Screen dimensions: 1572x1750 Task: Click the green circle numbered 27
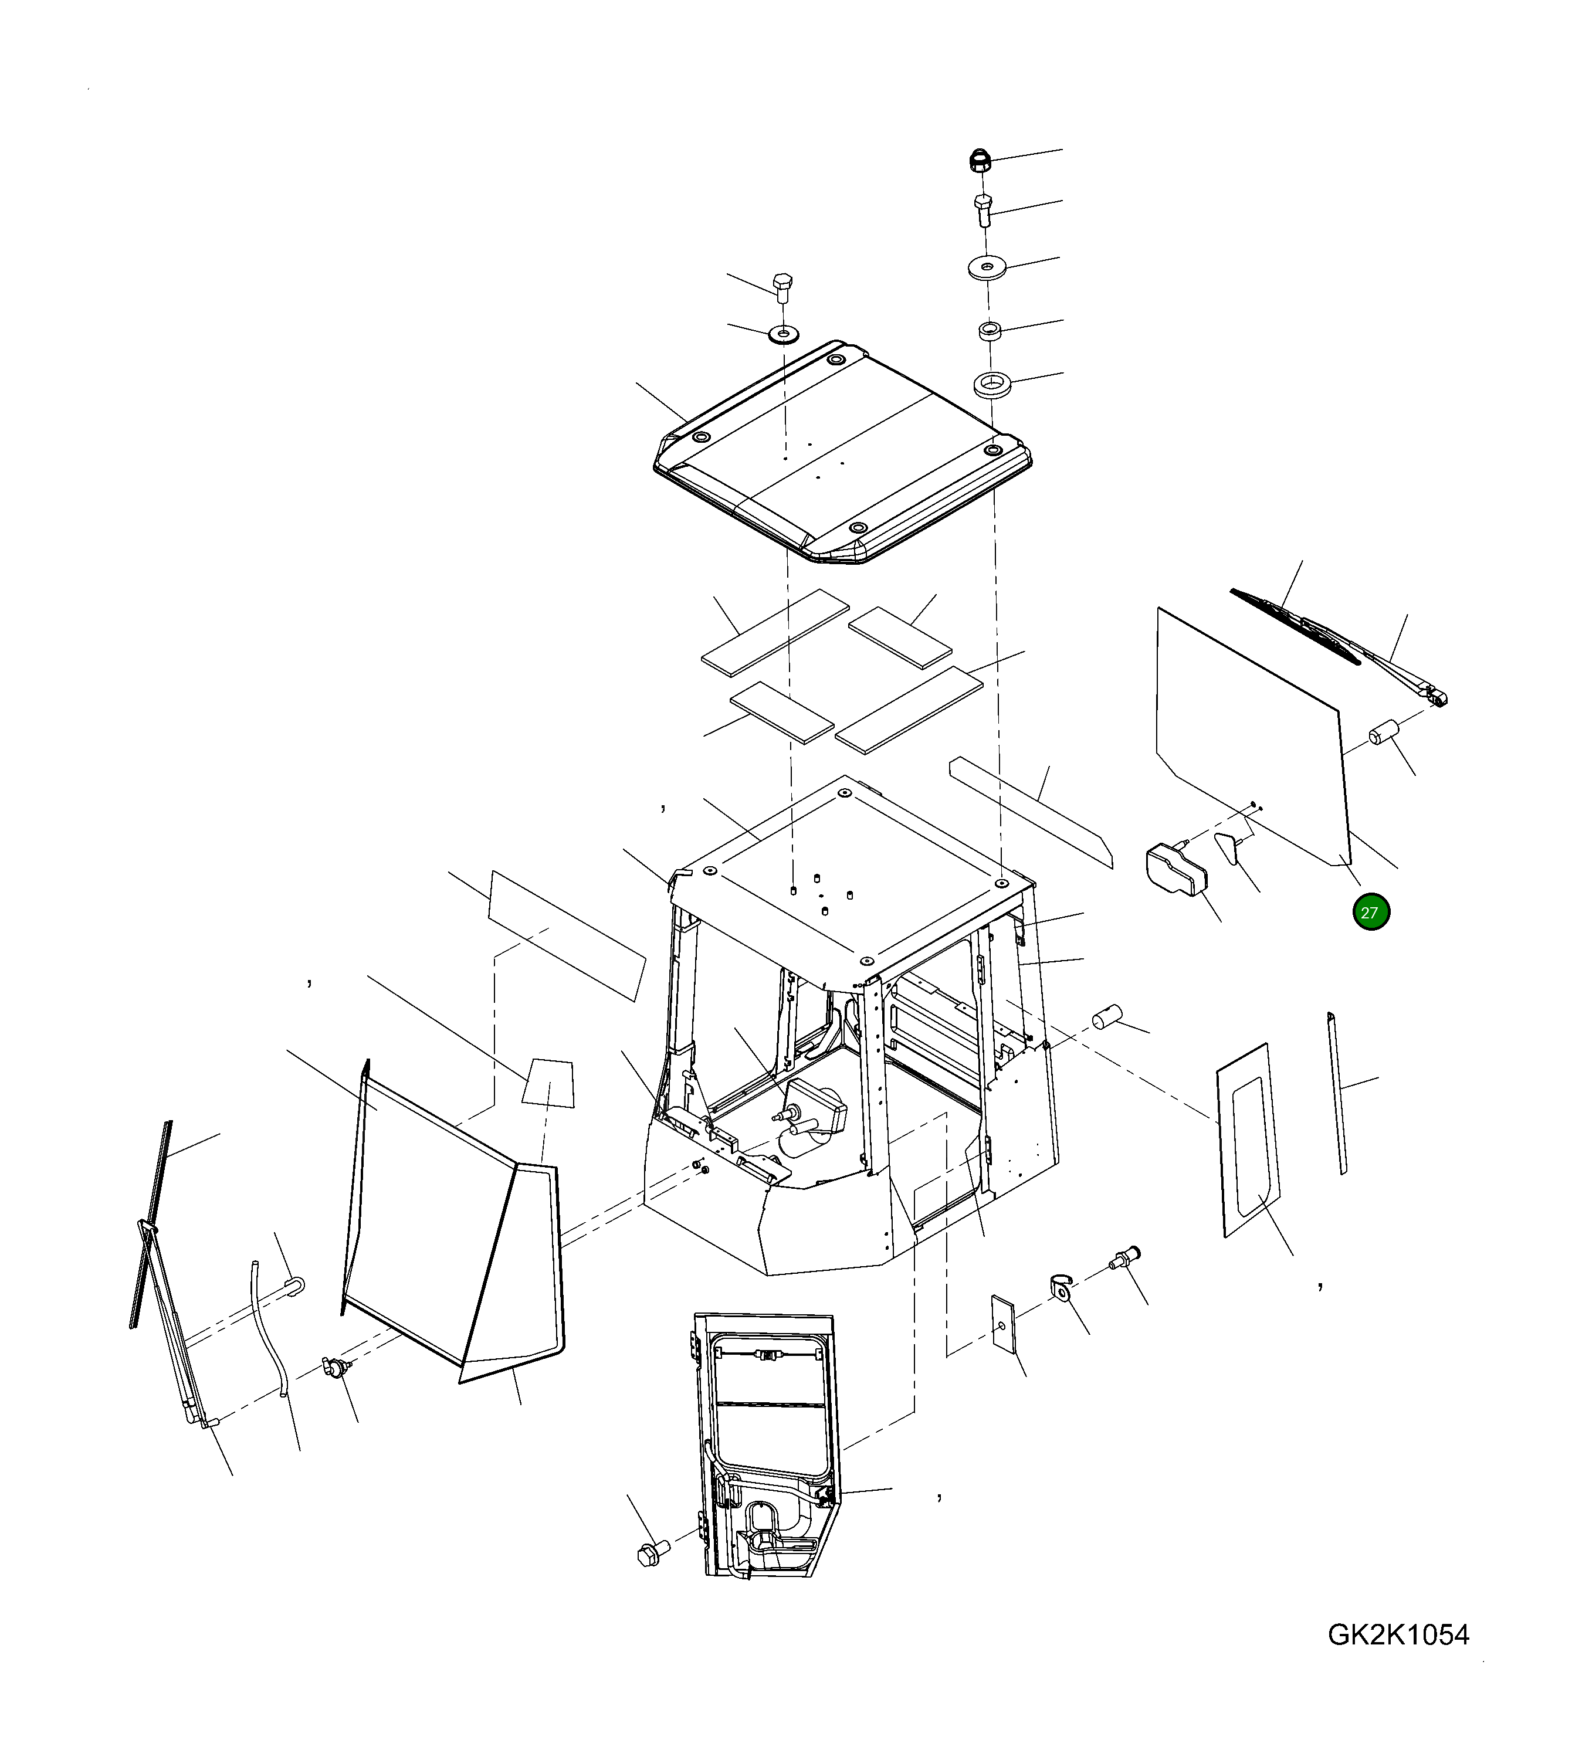pos(1371,913)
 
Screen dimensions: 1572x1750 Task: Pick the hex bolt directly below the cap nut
pos(983,211)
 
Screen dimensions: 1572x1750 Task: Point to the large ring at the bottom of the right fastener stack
pos(992,384)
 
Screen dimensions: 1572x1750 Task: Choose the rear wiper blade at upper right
pos(1296,626)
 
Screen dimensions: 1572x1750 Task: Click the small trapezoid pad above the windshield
pos(548,1083)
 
